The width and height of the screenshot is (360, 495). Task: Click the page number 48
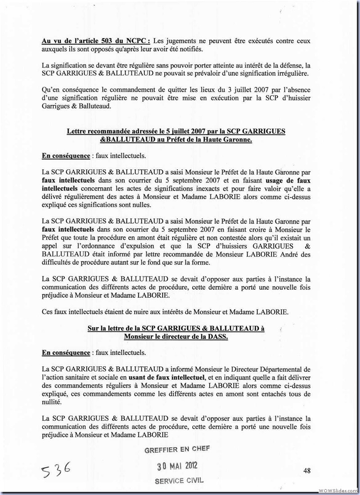(307, 471)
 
